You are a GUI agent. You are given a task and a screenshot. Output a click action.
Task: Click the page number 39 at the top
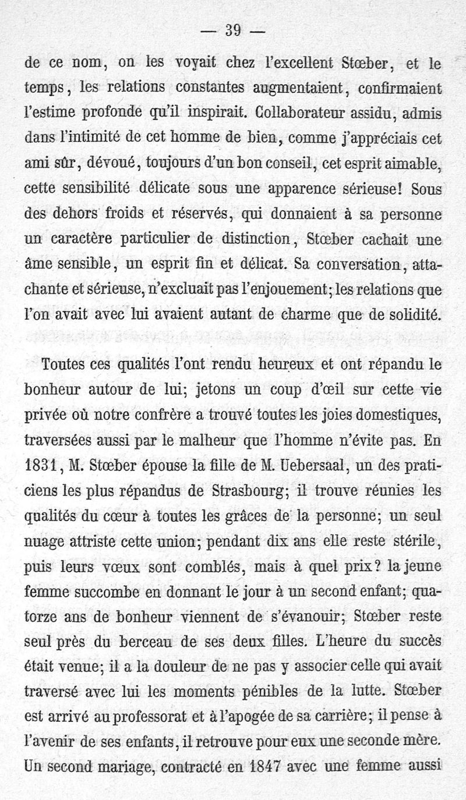233,30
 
